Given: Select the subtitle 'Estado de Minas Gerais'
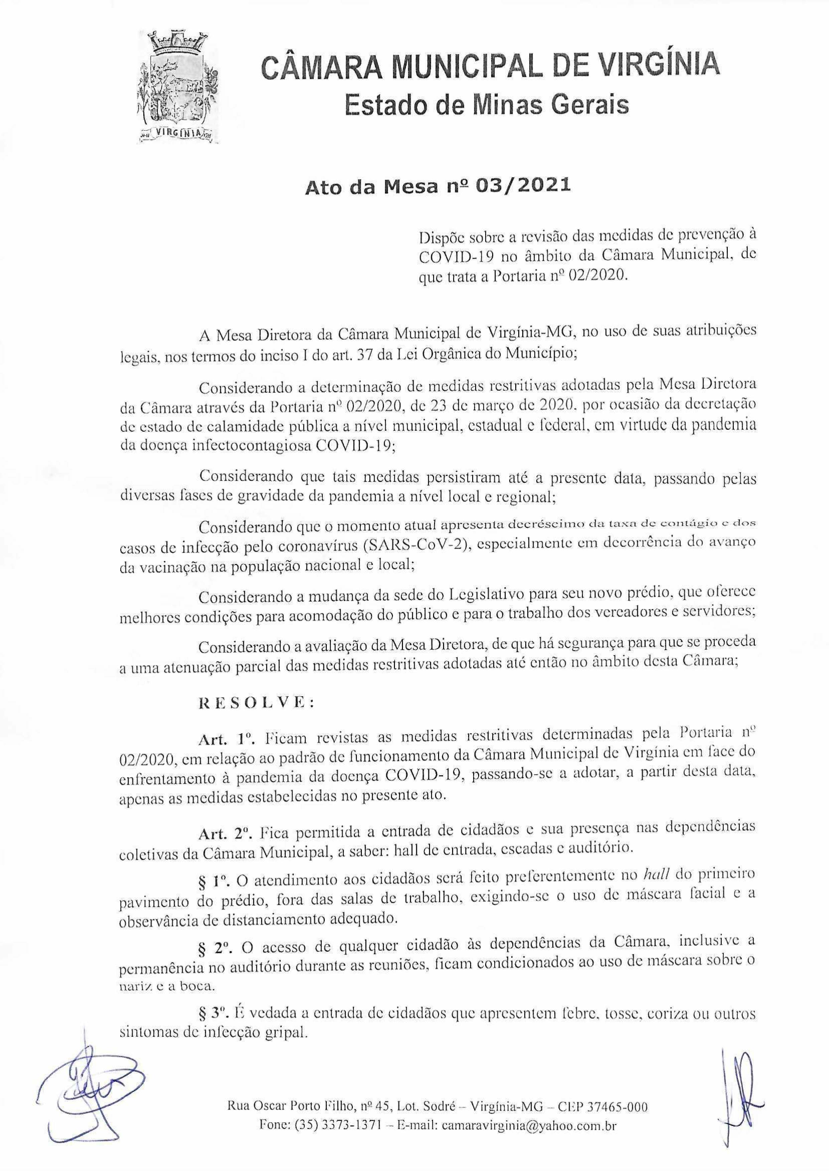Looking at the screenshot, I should click(487, 105).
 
